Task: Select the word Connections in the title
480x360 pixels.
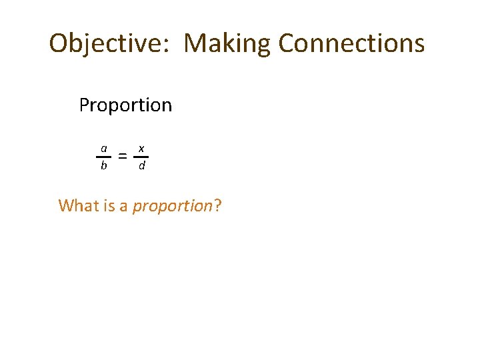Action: tap(351, 43)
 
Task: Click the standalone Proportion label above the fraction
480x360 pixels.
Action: tap(125, 105)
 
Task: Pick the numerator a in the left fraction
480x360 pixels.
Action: tap(103, 147)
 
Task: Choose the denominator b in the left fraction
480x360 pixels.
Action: tap(103, 165)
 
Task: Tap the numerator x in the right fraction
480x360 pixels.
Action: tap(141, 147)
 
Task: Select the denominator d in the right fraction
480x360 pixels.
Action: tap(141, 165)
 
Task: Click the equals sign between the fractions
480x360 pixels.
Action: tap(122, 157)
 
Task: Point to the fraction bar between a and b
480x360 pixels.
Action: tap(103, 157)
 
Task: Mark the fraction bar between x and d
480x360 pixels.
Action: tap(141, 157)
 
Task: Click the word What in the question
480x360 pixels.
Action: tap(79, 205)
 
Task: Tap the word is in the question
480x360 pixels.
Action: tap(109, 205)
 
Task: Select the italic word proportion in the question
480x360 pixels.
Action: tap(172, 206)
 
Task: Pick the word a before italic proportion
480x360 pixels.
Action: tap(123, 206)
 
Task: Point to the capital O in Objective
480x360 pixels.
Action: tap(59, 43)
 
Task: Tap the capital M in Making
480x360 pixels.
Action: tap(195, 43)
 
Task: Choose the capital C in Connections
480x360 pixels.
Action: tap(287, 43)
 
